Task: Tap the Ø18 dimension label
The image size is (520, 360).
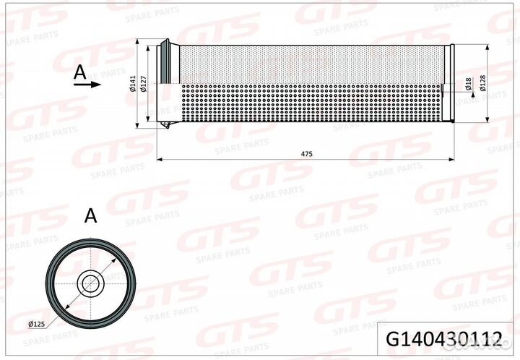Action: click(468, 84)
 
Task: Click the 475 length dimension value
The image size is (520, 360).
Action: click(306, 153)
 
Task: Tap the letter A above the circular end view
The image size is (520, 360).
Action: click(90, 215)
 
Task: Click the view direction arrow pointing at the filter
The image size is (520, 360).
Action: click(87, 84)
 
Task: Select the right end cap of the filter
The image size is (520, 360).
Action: click(450, 84)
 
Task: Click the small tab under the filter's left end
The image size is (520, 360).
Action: click(167, 128)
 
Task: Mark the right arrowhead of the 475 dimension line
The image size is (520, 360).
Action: click(451, 157)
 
